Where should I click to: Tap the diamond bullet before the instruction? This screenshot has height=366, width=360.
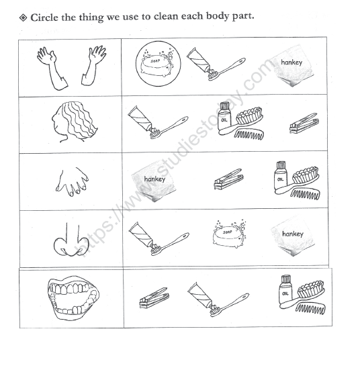(x=24, y=16)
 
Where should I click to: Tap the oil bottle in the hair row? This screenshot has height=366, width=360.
(x=224, y=113)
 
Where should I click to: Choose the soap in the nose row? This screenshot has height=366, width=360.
(x=227, y=234)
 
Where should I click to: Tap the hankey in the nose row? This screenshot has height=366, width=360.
(x=292, y=236)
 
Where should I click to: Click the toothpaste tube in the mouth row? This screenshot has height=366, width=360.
(x=201, y=292)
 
